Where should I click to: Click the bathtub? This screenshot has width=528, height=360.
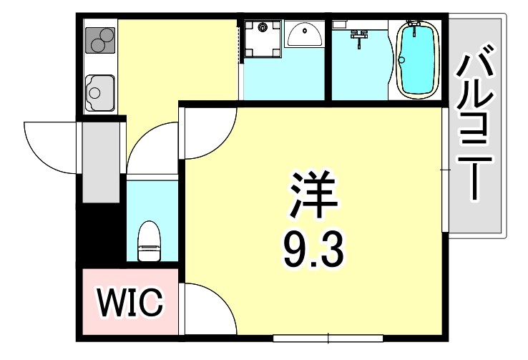(416, 59)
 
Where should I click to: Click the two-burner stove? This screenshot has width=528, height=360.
(101, 39)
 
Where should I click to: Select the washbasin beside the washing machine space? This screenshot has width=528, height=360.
(305, 32)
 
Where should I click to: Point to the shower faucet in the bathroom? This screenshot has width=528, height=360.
(359, 34)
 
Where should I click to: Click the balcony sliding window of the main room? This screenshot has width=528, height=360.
(445, 169)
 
